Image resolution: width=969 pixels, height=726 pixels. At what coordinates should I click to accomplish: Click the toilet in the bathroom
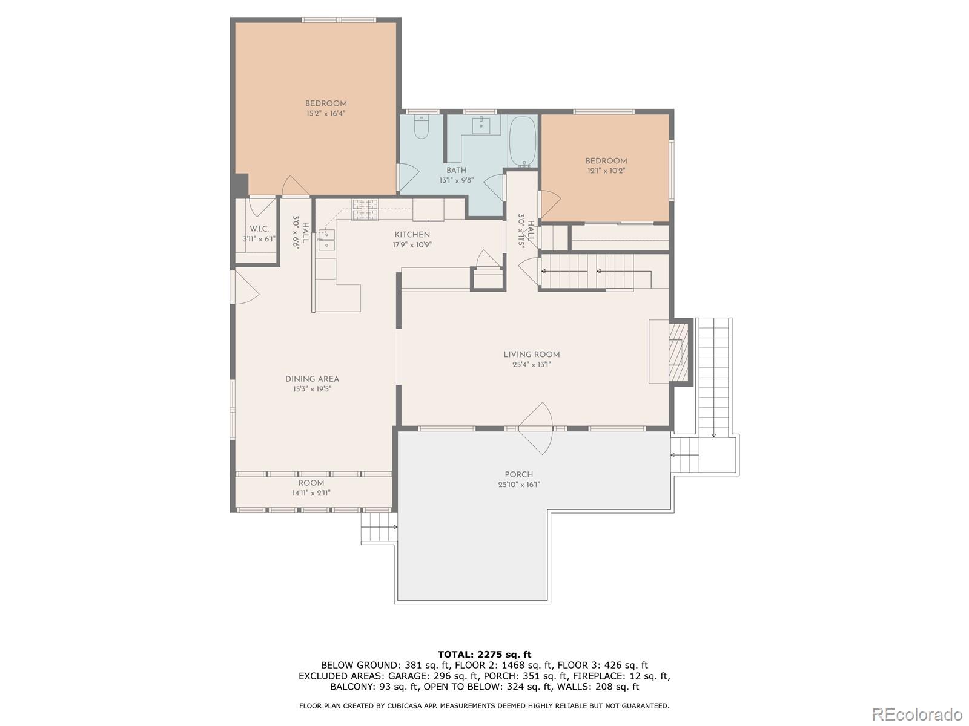point(421,126)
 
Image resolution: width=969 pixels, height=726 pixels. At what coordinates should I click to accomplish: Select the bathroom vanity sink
point(481,126)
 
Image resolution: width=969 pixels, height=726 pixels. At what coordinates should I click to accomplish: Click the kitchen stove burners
point(365,210)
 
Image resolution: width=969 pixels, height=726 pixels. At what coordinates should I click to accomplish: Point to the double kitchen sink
point(326,240)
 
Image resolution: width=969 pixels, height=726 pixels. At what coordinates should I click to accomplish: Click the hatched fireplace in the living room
point(678,352)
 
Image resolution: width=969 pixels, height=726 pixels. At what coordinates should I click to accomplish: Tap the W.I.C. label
point(259,229)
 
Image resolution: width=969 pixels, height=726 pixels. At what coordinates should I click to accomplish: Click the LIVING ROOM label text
point(532,355)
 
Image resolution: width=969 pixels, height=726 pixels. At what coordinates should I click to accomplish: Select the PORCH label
point(518,474)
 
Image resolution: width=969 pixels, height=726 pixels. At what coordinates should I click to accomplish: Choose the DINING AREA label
point(312,379)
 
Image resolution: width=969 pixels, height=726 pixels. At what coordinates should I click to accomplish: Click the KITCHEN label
point(412,235)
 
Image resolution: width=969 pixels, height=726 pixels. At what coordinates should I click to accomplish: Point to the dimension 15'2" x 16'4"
point(326,113)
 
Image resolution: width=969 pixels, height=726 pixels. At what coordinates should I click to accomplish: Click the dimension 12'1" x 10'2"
point(606,171)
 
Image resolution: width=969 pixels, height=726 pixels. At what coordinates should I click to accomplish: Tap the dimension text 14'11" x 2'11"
point(311,493)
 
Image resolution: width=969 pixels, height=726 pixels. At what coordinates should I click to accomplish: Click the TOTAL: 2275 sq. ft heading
point(484,654)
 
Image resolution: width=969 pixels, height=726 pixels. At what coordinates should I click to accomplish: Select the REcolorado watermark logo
point(918,713)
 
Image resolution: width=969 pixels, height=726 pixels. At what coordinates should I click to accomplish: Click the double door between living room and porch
point(535,428)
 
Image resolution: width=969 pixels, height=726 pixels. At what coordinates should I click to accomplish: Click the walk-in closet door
point(262,206)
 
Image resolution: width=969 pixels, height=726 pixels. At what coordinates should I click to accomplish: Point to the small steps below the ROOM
point(379,527)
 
